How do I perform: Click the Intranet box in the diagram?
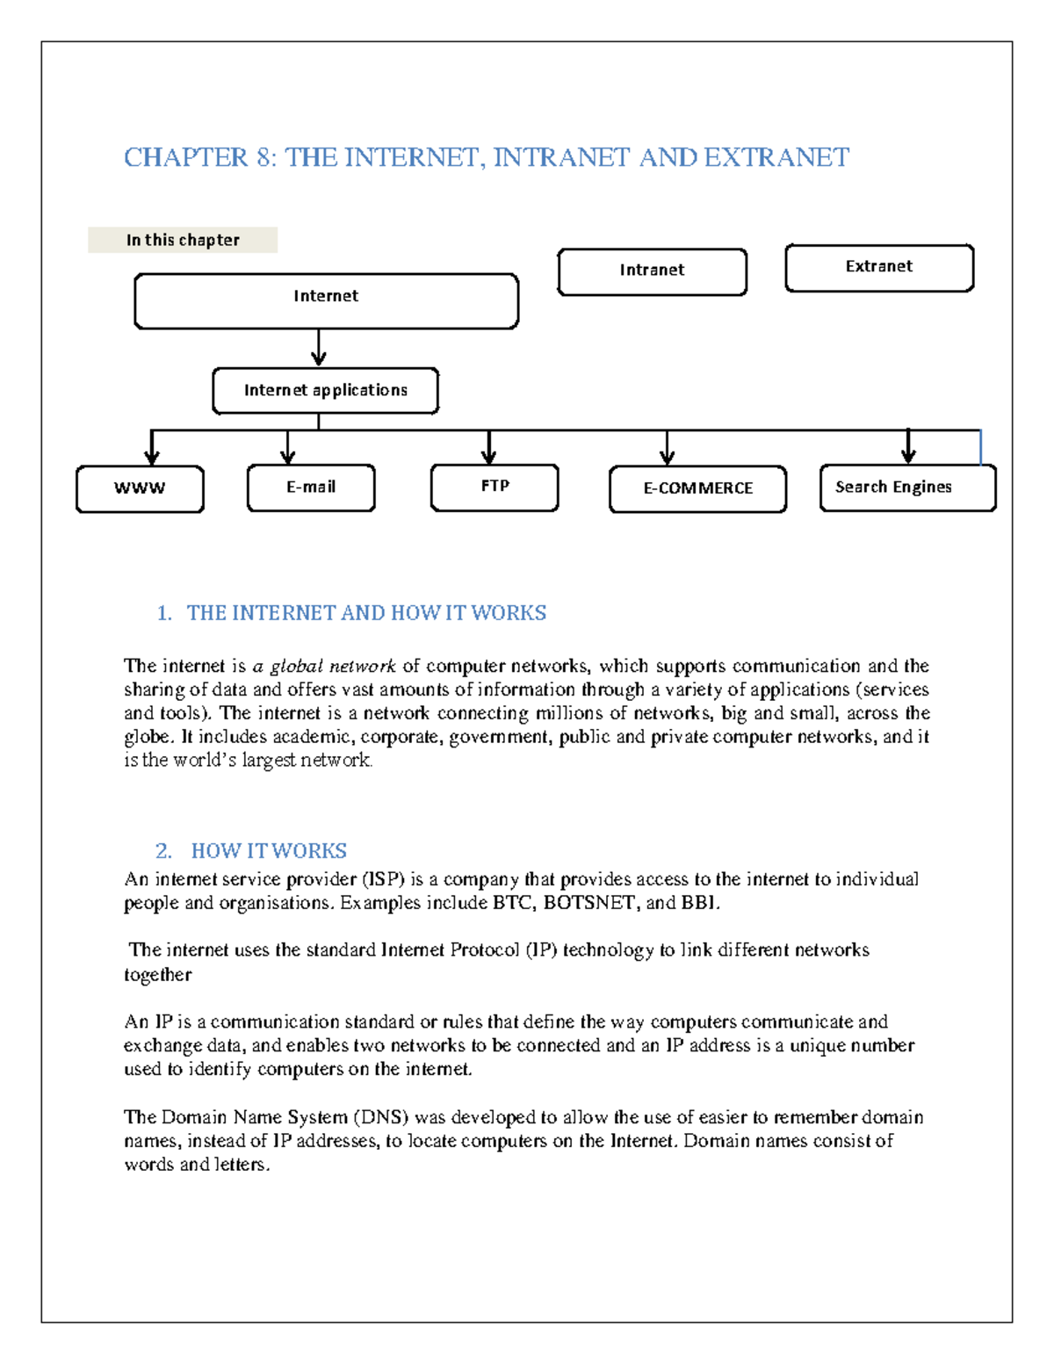pyautogui.click(x=652, y=271)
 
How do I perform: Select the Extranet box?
pyautogui.click(x=879, y=267)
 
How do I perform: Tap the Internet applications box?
pyautogui.click(x=325, y=390)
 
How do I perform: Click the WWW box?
pyautogui.click(x=140, y=488)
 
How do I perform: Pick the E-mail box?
pyautogui.click(x=311, y=487)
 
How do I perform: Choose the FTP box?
pyautogui.click(x=495, y=487)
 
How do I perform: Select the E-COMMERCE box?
pyautogui.click(x=697, y=488)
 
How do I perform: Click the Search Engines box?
pyautogui.click(x=907, y=487)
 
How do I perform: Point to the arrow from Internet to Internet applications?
pyautogui.click(x=318, y=349)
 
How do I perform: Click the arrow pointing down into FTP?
pyautogui.click(x=488, y=448)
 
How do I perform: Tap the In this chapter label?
pyautogui.click(x=183, y=240)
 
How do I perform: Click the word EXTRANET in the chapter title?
pyautogui.click(x=776, y=157)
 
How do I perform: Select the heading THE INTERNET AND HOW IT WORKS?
pyautogui.click(x=366, y=613)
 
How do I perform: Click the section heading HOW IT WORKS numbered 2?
pyautogui.click(x=269, y=851)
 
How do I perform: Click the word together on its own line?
pyautogui.click(x=157, y=975)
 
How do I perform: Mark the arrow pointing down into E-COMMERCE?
pyautogui.click(x=667, y=448)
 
